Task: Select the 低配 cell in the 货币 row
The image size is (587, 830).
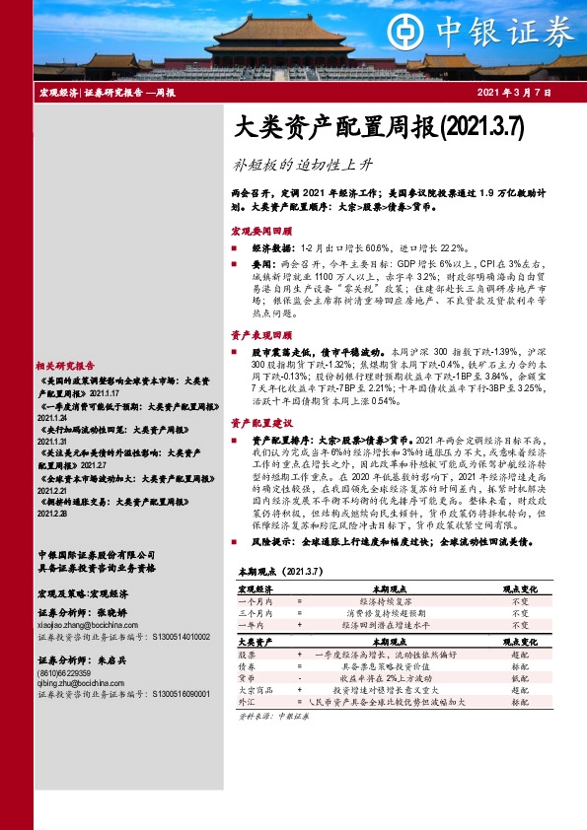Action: [519, 678]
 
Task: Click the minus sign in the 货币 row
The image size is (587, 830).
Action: [299, 678]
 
